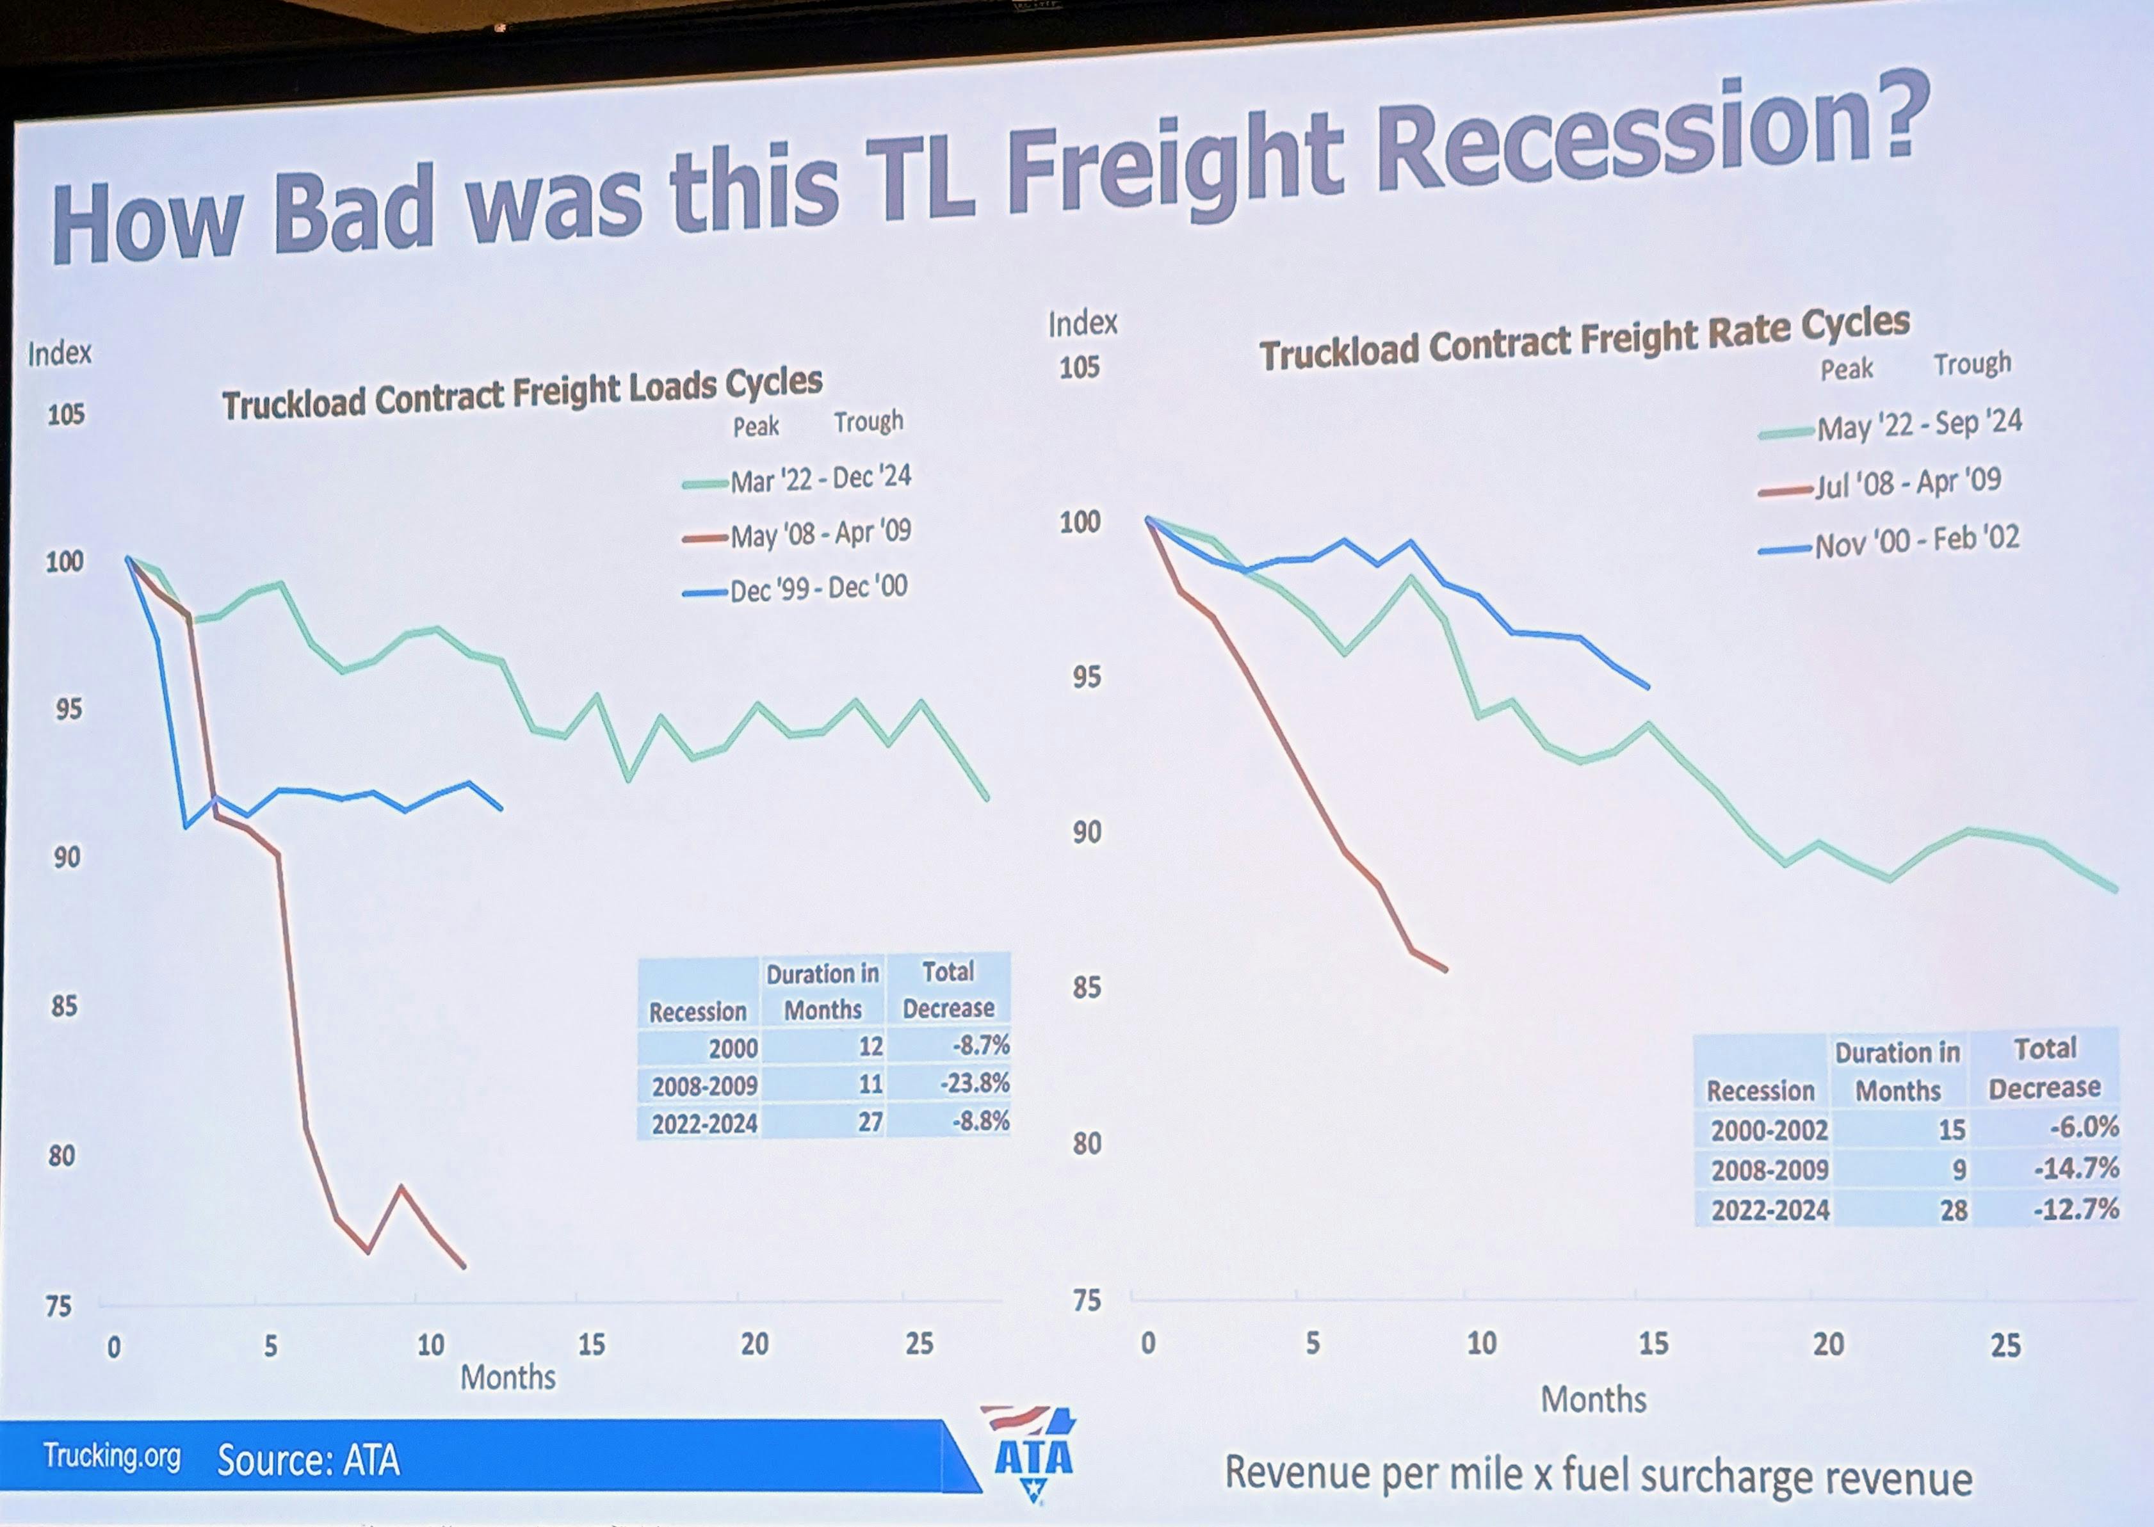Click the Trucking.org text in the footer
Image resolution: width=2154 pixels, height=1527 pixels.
(112, 1457)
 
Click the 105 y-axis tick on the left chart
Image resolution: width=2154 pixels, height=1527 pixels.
(66, 415)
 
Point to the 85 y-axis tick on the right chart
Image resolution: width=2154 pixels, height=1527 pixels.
(1086, 987)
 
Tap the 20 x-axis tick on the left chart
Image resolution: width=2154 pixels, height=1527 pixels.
(754, 1345)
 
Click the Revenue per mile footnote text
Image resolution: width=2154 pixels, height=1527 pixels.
(1598, 1475)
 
